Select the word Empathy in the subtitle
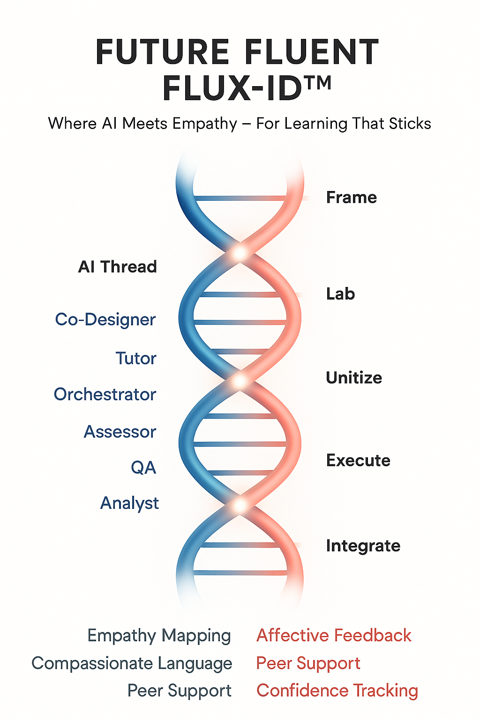tap(204, 124)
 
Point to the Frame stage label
tap(351, 198)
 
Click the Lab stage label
tap(340, 294)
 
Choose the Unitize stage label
tap(354, 378)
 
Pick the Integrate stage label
tap(363, 546)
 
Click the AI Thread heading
tap(118, 267)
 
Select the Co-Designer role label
tap(105, 320)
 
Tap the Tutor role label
tap(136, 359)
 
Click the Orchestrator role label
tap(105, 395)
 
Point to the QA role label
tap(143, 468)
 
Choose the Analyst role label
tap(129, 503)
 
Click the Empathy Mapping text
tap(159, 636)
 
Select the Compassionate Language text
tap(132, 663)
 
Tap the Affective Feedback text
tap(334, 636)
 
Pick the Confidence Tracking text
tap(337, 691)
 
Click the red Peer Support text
tap(308, 663)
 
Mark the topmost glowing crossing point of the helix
tap(240, 253)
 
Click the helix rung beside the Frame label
tap(240, 198)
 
